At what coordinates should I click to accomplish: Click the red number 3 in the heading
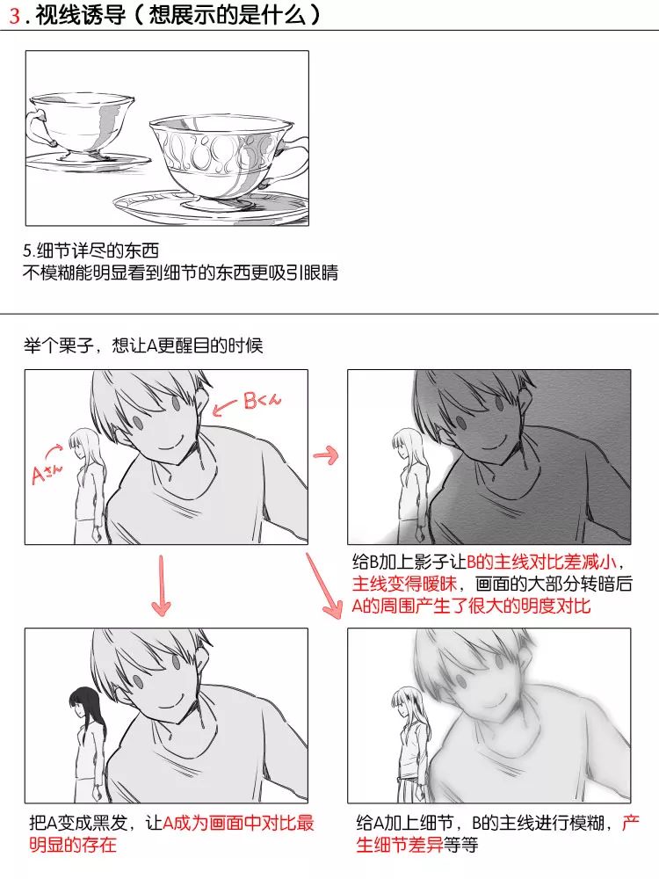tap(15, 15)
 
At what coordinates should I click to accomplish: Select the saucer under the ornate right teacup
tap(211, 205)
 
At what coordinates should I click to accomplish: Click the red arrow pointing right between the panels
tap(326, 455)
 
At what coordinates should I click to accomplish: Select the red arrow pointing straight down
tap(162, 585)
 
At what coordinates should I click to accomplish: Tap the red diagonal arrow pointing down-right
tap(324, 585)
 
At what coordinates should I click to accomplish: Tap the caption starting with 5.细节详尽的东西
tap(91, 251)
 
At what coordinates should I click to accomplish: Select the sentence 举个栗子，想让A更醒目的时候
tap(143, 345)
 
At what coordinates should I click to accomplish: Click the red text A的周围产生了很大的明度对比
tap(471, 606)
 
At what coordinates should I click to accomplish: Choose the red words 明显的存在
tap(73, 844)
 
